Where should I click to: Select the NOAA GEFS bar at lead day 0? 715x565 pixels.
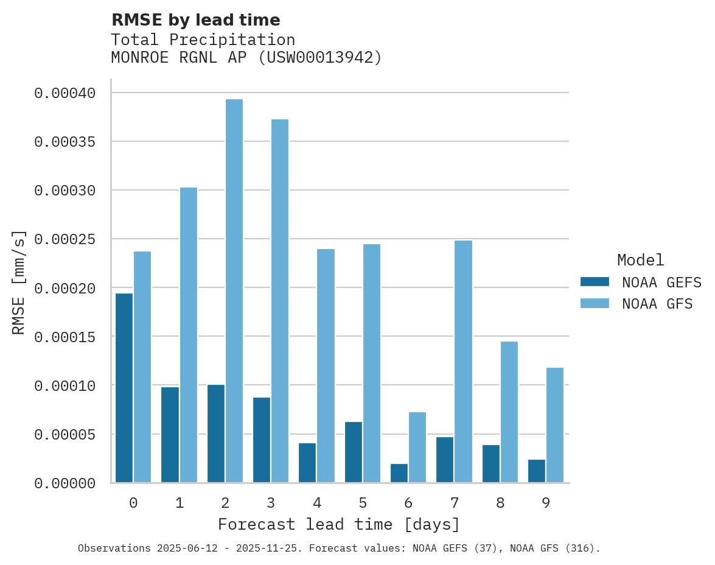[124, 388]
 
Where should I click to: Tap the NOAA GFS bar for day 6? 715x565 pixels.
[417, 447]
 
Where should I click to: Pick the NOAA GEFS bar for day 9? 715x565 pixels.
[537, 471]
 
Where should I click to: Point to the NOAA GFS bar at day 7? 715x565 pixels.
[463, 362]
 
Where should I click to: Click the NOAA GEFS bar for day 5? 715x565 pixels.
[354, 452]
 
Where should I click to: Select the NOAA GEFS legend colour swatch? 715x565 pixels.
[595, 281]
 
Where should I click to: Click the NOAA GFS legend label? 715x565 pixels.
[657, 304]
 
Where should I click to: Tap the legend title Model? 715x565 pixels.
[640, 260]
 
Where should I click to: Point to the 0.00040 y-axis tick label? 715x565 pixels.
[65, 93]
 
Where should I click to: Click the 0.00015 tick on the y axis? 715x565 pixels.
[65, 337]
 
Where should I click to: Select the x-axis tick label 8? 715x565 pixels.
[500, 503]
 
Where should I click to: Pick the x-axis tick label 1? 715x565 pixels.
[180, 503]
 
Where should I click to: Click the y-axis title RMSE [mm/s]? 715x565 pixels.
[19, 282]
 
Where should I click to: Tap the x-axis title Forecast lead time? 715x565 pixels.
[339, 524]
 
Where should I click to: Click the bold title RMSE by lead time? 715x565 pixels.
[195, 20]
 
